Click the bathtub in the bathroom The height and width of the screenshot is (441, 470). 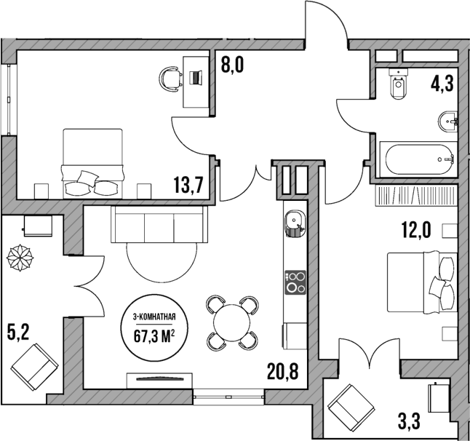(x=418, y=158)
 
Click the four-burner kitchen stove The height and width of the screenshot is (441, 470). (x=295, y=281)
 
